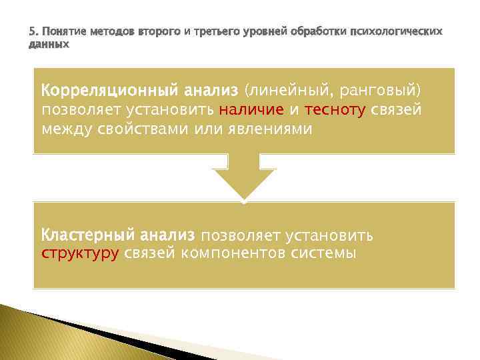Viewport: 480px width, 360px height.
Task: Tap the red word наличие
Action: click(x=251, y=109)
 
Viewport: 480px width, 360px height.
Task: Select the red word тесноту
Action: click(x=333, y=109)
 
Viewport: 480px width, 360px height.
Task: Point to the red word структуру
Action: click(x=79, y=253)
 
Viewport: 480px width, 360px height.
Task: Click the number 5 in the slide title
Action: click(x=31, y=32)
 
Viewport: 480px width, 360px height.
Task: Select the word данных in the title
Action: click(x=49, y=44)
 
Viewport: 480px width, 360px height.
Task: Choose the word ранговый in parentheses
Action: click(x=386, y=89)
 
